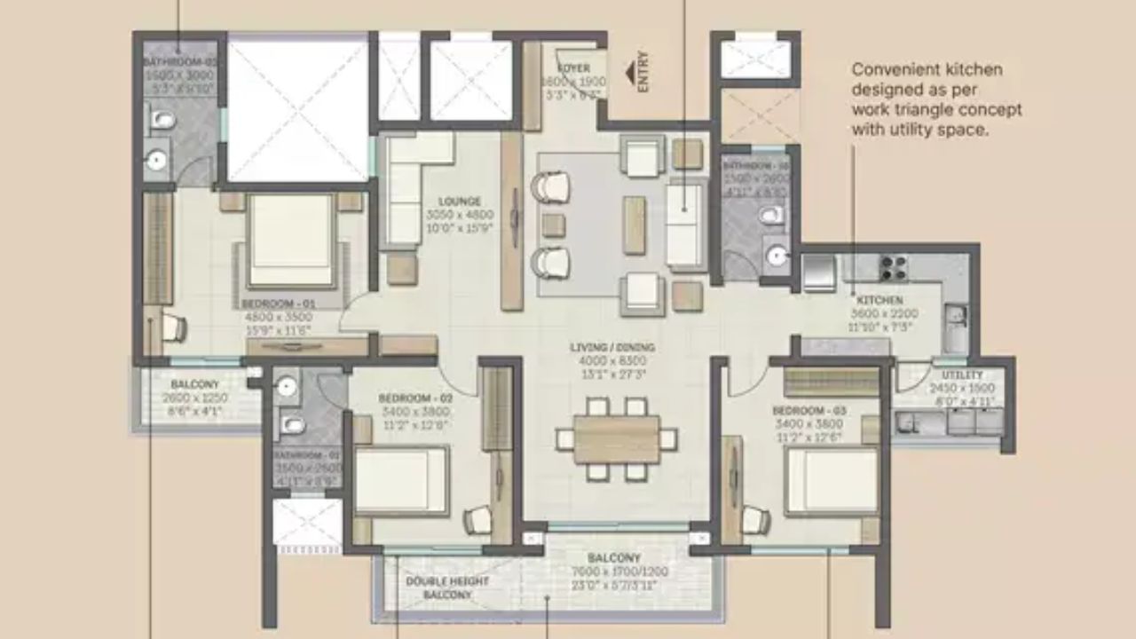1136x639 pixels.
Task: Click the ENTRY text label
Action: click(643, 71)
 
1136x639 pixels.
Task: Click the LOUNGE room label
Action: click(459, 201)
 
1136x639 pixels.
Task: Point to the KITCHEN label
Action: click(880, 301)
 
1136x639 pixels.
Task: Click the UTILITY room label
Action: click(963, 375)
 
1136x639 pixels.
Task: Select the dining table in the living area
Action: click(617, 439)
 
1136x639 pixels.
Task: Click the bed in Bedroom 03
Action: click(832, 481)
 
